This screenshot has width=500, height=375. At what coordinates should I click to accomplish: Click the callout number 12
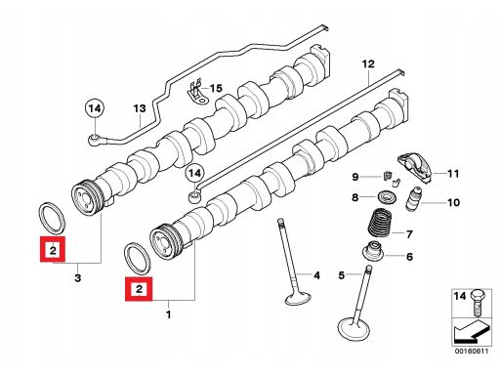[x=368, y=63]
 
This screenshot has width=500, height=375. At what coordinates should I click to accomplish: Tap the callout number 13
[x=140, y=108]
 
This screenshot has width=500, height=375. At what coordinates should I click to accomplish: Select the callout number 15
[x=216, y=88]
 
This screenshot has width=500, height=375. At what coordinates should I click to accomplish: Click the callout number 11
[x=453, y=174]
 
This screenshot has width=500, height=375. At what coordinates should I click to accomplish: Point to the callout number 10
[x=453, y=202]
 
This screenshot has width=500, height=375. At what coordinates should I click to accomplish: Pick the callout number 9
[x=354, y=177]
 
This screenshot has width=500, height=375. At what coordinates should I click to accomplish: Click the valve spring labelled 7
[x=380, y=222]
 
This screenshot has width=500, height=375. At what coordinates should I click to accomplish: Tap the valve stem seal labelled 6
[x=373, y=251]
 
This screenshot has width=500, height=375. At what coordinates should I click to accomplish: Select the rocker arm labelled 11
[x=415, y=167]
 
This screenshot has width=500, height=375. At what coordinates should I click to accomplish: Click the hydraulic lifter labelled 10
[x=413, y=199]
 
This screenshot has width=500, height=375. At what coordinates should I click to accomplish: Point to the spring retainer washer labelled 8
[x=386, y=197]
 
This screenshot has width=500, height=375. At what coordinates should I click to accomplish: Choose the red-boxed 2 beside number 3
[x=53, y=249]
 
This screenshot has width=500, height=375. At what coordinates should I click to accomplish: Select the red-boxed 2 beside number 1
[x=139, y=289]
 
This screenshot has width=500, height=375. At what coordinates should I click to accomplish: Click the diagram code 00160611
[x=472, y=352]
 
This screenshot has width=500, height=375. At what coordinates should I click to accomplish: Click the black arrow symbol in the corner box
[x=472, y=331]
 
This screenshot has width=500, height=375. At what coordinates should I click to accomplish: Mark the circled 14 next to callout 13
[x=95, y=108]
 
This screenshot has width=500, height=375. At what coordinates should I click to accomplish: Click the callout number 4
[x=316, y=275]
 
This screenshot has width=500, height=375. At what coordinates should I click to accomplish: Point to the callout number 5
[x=341, y=275]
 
